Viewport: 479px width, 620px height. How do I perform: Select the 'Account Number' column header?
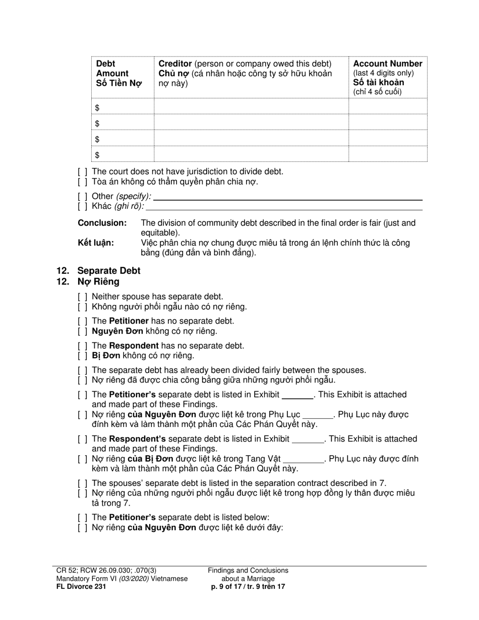(387, 64)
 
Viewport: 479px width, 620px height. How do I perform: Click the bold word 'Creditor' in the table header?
(175, 64)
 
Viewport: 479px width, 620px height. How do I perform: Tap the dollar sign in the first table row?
(97, 108)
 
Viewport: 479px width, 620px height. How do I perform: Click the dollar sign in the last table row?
(97, 155)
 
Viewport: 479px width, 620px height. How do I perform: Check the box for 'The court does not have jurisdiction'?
(83, 171)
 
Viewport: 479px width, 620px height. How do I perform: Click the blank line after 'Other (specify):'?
(287, 197)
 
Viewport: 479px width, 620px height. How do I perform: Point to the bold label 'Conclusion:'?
(102, 223)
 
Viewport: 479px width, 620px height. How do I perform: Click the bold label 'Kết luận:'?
(96, 243)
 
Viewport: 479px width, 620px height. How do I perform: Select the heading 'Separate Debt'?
(109, 271)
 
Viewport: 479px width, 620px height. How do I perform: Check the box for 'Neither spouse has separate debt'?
(83, 297)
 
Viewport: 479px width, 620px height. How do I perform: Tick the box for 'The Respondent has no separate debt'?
(83, 346)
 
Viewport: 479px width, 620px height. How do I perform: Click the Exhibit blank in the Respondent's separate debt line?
(308, 440)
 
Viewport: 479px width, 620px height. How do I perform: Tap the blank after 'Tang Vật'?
(304, 459)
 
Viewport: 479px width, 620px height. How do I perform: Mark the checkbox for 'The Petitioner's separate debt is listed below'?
(83, 517)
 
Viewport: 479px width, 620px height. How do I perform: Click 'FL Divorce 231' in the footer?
(81, 587)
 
